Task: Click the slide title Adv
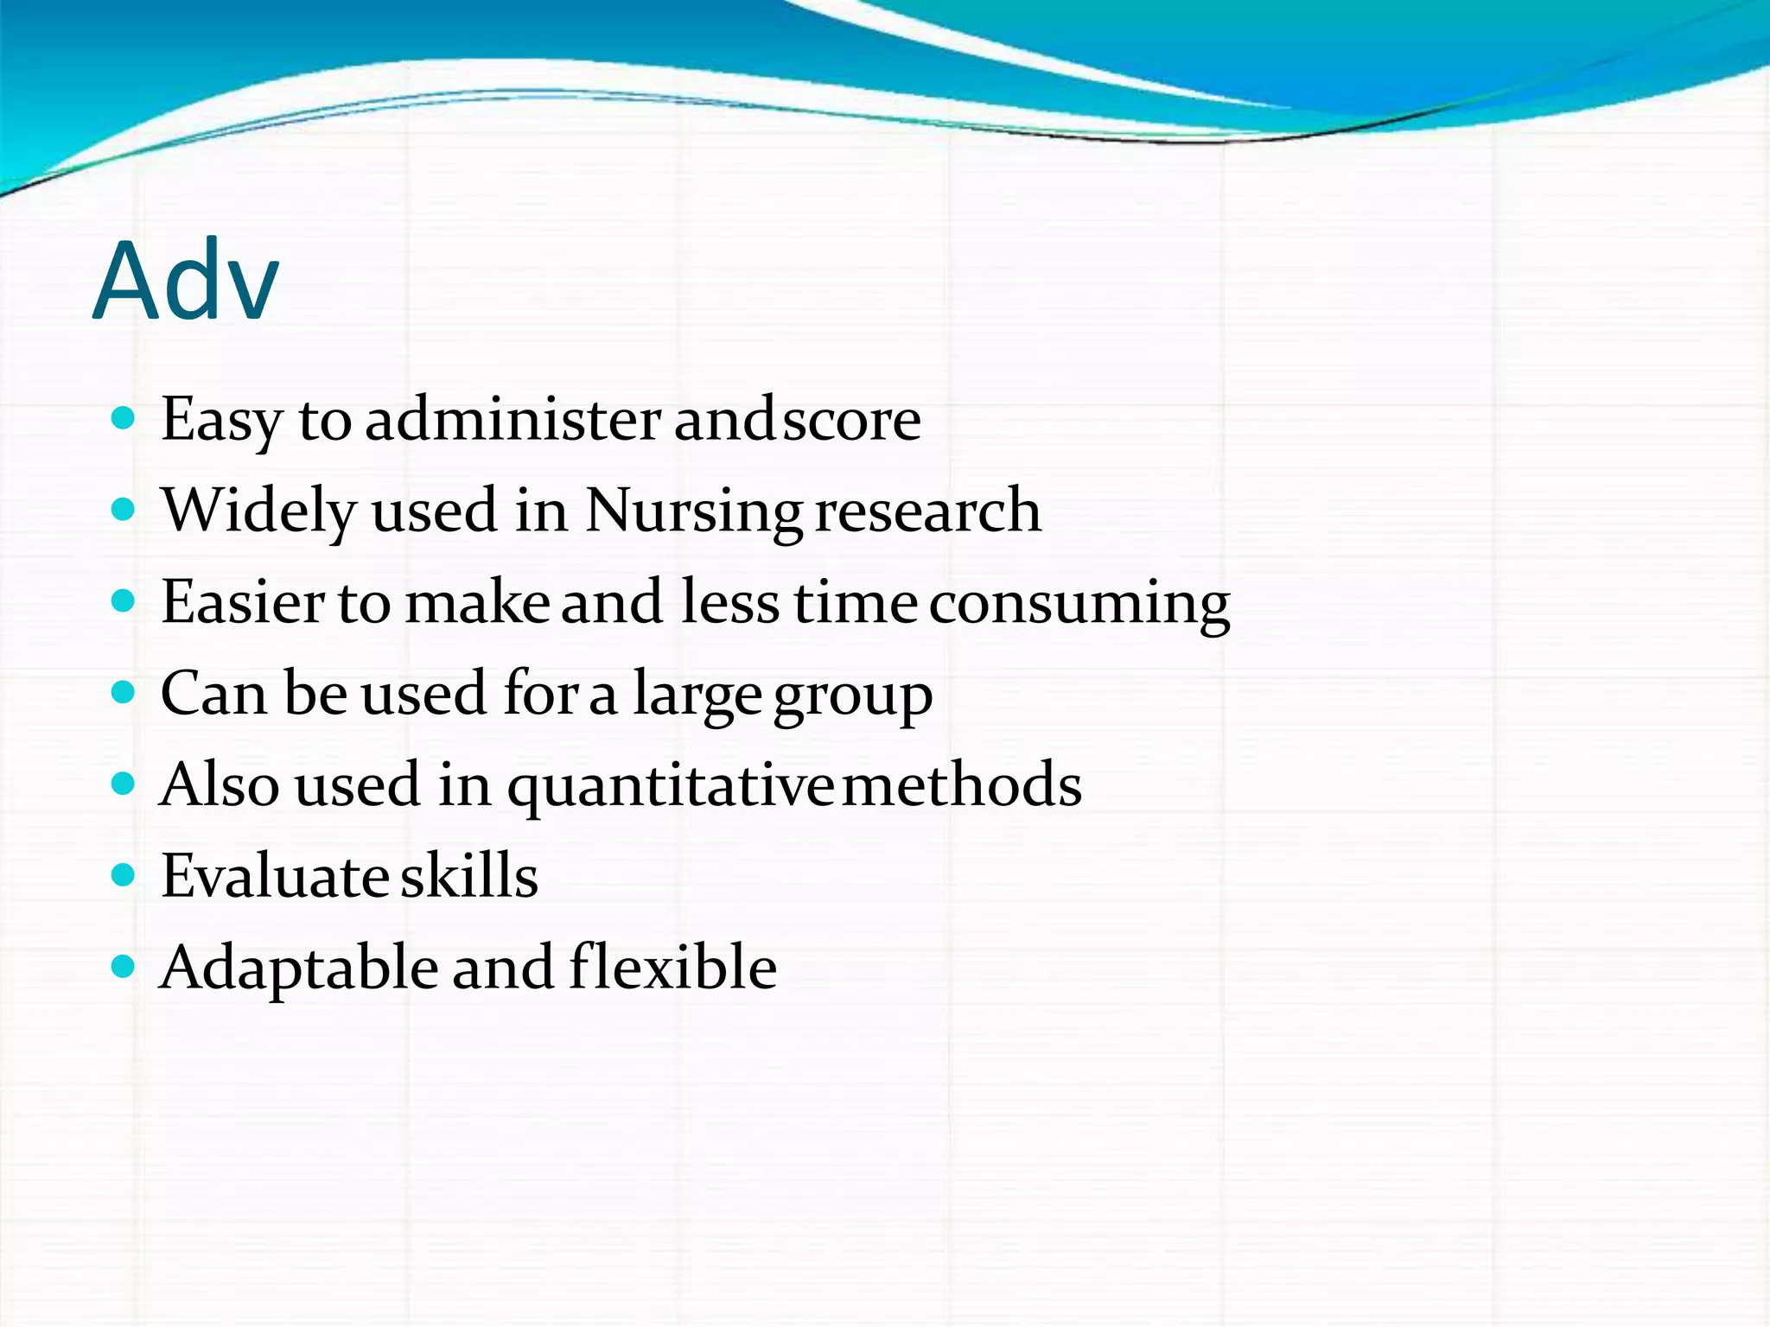pos(186,281)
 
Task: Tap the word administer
pos(513,420)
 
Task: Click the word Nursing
pos(693,511)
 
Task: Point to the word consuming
pos(1079,604)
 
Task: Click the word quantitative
pos(670,785)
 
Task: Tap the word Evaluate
pos(274,876)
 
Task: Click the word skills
pos(469,876)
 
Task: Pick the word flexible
pos(673,967)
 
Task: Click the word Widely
pos(258,511)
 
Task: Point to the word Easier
pos(242,602)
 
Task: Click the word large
pos(697,695)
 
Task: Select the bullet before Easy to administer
pos(124,420)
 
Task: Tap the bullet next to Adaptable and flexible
pos(124,967)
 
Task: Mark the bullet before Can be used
pos(124,693)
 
